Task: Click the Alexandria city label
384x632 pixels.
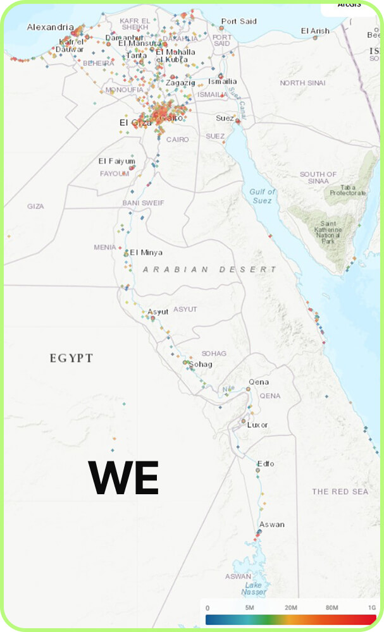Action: pos(51,28)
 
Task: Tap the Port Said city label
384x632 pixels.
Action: pos(238,21)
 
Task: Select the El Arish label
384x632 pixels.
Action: pos(315,31)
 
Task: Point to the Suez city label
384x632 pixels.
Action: pos(224,118)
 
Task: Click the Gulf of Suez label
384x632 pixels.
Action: pos(263,196)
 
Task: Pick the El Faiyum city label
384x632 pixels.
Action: pos(116,161)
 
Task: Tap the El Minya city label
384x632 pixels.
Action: pos(146,252)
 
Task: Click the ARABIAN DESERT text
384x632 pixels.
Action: pos(209,269)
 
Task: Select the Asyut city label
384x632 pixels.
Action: pos(158,312)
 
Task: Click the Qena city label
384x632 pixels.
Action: pos(258,382)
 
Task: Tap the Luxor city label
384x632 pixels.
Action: pos(257,425)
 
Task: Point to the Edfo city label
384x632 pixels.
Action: pos(266,464)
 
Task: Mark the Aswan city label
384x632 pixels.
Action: pos(271,525)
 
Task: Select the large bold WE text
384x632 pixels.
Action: pos(123,478)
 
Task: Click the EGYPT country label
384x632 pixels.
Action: pos(71,358)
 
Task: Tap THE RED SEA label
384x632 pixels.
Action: pos(340,492)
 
